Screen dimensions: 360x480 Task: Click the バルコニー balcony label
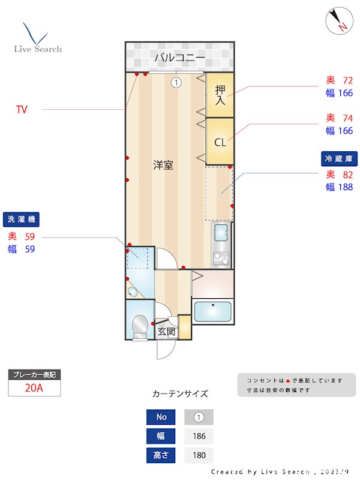point(179,57)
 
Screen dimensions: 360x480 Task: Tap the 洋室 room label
point(163,165)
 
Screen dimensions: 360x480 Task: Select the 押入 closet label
point(220,95)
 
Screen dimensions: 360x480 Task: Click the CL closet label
point(220,142)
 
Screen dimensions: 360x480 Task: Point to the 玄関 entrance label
point(167,331)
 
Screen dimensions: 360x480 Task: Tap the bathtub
point(213,311)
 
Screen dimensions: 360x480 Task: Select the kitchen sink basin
point(221,233)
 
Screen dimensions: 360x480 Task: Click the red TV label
point(22,109)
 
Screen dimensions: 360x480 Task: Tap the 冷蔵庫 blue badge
point(339,158)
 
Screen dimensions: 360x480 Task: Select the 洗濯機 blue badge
point(21,219)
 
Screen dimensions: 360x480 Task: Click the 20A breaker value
point(34,388)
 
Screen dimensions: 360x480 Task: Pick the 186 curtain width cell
point(199,436)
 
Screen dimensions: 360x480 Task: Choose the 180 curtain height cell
point(199,455)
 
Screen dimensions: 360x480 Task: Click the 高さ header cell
point(161,455)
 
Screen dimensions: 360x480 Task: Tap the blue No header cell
point(161,417)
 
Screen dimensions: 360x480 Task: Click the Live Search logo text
point(38,49)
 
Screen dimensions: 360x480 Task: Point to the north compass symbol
point(339,20)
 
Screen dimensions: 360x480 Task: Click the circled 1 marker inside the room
point(176,82)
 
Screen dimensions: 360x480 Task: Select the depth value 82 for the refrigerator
point(348,175)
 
